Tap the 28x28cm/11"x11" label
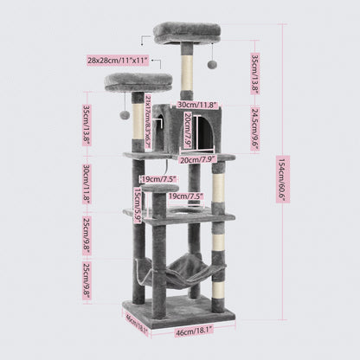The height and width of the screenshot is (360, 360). click(118, 61)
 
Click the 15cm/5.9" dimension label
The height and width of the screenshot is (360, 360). click(138, 206)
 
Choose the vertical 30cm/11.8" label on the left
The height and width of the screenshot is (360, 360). click(87, 183)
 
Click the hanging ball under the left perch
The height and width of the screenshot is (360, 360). click(125, 115)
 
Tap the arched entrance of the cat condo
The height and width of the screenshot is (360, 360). click(204, 132)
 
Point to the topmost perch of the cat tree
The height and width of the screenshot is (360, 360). click(186, 32)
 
